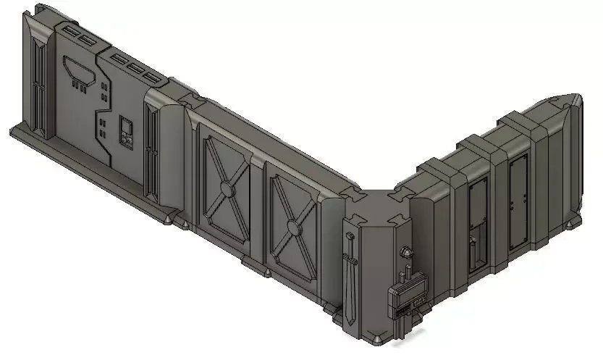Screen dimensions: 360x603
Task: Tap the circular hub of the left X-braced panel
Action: [226, 190]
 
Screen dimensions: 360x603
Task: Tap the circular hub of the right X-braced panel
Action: [292, 228]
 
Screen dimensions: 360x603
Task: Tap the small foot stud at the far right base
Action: [577, 221]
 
